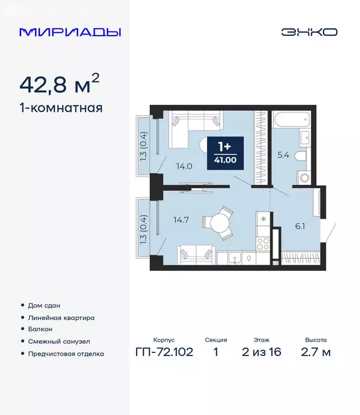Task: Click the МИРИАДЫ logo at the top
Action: pyautogui.click(x=70, y=32)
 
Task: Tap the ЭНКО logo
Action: pyautogui.click(x=309, y=32)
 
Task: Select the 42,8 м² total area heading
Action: pyautogui.click(x=59, y=84)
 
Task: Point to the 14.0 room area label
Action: pyautogui.click(x=184, y=166)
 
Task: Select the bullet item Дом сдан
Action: pyautogui.click(x=44, y=306)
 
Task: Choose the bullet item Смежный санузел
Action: pyautogui.click(x=58, y=342)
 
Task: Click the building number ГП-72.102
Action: pyautogui.click(x=164, y=353)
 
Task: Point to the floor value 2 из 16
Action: pyautogui.click(x=262, y=353)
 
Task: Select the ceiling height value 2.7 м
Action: pyautogui.click(x=316, y=353)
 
